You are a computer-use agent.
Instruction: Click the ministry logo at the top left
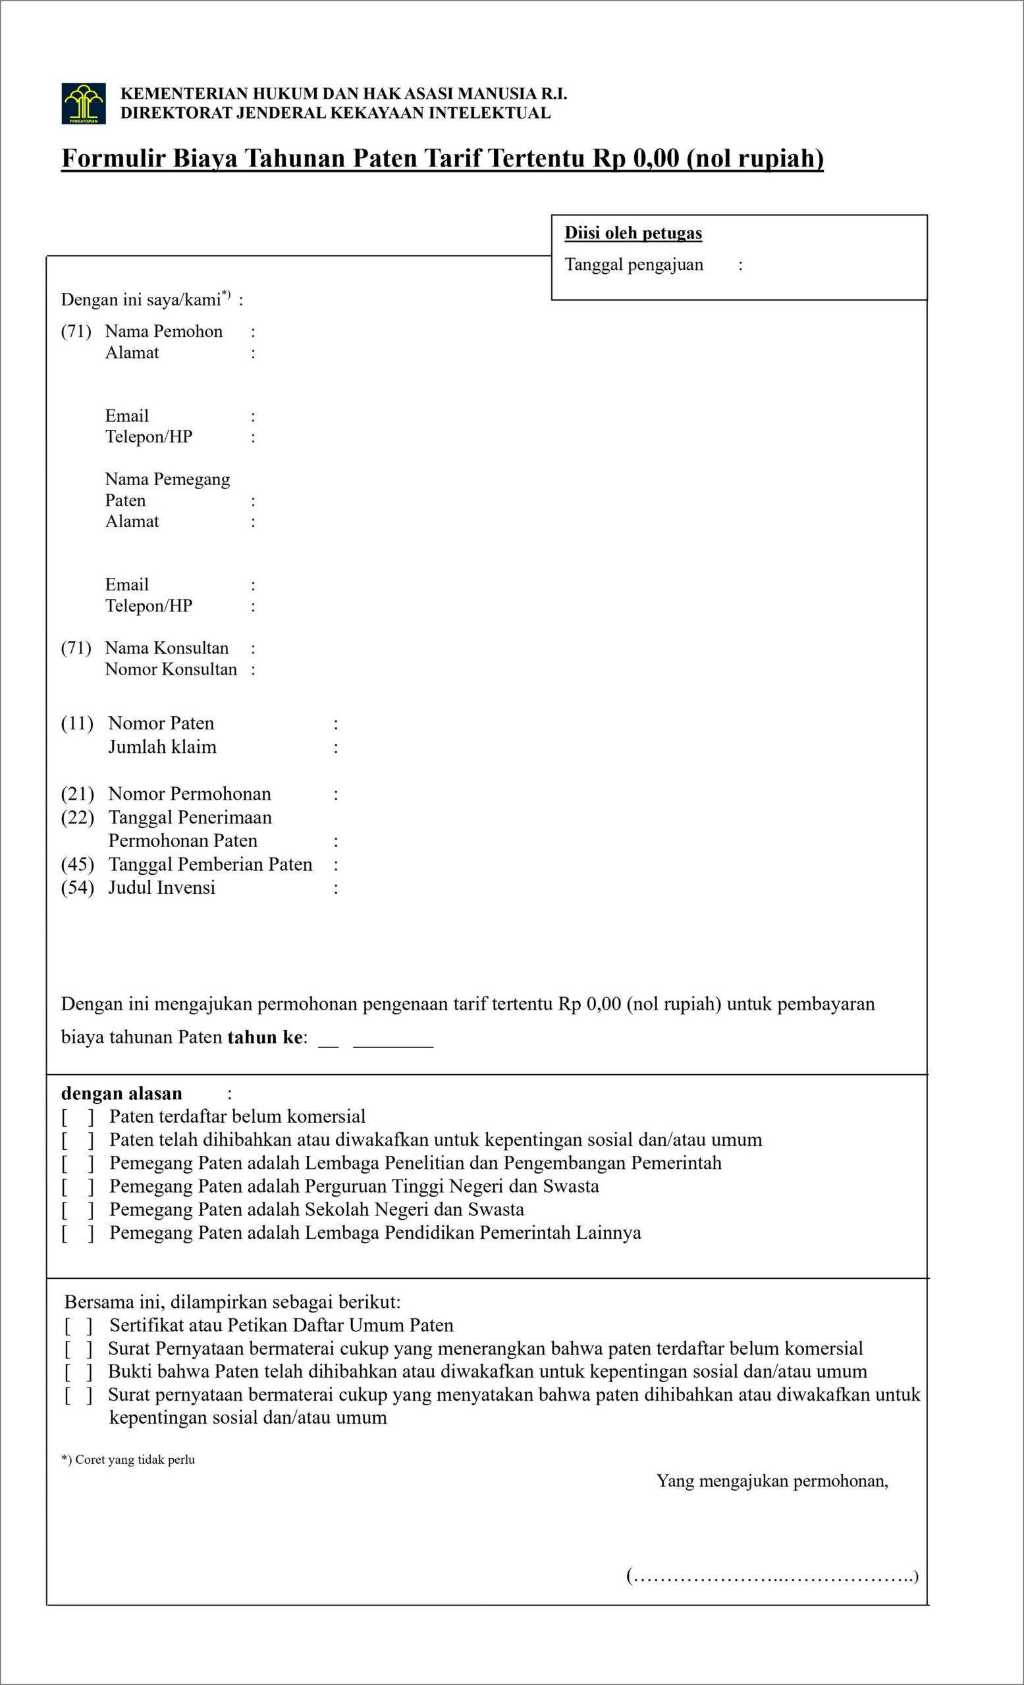[84, 103]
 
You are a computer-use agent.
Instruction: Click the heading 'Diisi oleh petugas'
[633, 233]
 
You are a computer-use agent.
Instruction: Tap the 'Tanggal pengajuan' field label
[633, 265]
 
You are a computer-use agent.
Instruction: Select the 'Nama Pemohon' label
[163, 332]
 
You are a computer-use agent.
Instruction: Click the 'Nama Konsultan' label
[166, 648]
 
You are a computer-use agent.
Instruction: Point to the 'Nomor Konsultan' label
[171, 669]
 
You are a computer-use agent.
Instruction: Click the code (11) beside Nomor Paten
[76, 723]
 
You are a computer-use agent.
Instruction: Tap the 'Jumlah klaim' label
[162, 747]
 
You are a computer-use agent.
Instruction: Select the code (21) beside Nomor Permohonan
[76, 794]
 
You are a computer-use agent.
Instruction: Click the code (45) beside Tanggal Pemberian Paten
[76, 864]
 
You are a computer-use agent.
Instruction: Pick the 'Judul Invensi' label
[161, 888]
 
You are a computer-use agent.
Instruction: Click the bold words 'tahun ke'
[265, 1037]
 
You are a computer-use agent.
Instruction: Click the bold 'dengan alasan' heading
[122, 1093]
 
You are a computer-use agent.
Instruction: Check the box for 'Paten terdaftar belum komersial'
[77, 1118]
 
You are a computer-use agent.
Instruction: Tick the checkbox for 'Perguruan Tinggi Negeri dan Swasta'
[77, 1187]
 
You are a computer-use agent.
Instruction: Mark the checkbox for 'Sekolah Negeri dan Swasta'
[77, 1210]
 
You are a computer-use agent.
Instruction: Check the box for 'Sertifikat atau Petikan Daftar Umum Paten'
[78, 1326]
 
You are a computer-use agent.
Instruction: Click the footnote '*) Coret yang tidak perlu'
[128, 1459]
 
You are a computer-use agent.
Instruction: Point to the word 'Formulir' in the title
[113, 158]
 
